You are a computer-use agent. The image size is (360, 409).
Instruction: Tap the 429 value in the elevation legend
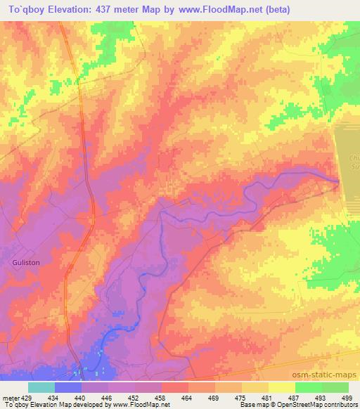25,397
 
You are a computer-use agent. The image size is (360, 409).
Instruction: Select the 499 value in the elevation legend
348,397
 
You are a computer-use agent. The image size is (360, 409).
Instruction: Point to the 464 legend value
188,397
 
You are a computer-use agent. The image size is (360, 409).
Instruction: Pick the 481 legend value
267,397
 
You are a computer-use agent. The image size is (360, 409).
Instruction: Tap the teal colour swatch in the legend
41,387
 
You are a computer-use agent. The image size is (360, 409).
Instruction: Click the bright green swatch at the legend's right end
335,387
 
